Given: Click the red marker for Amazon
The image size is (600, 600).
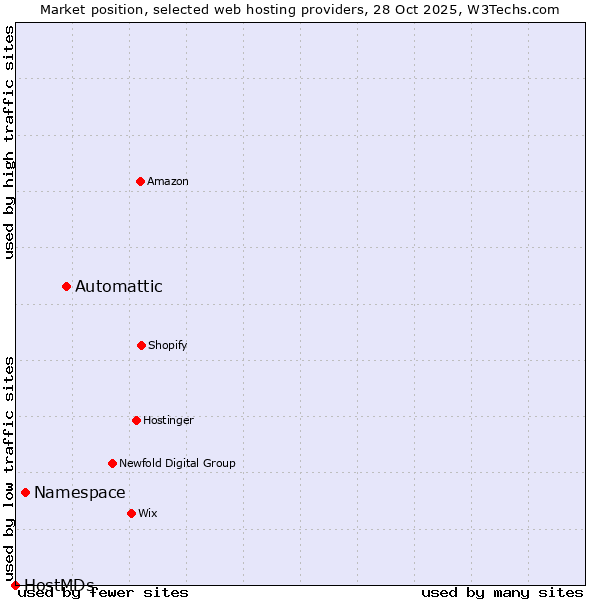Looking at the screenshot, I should click(140, 181).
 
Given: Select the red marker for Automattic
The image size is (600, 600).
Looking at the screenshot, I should click(67, 287).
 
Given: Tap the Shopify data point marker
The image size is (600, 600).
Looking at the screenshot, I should click(141, 345).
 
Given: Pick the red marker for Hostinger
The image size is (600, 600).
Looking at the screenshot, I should click(136, 420).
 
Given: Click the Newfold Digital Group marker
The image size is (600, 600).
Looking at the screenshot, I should click(112, 463).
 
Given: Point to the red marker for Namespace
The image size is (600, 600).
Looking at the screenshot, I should click(25, 492).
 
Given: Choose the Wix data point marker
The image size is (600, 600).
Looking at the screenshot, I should click(131, 513).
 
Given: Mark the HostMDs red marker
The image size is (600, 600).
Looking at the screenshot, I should click(15, 585).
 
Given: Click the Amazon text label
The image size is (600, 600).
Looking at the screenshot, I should click(168, 181).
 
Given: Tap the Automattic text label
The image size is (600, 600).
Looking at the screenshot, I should click(119, 287).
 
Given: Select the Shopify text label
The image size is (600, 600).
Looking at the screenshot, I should click(168, 345).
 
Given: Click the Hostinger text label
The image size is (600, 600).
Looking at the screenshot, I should click(168, 420).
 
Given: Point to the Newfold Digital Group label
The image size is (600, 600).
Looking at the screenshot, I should click(177, 463).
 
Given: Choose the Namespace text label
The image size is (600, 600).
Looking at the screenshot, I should click(80, 492).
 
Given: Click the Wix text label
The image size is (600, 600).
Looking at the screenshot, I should click(148, 513).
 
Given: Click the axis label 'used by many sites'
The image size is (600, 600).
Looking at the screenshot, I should click(502, 593).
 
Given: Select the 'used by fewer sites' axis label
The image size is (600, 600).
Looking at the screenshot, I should click(103, 593).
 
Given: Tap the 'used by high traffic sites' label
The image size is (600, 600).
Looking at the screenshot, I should click(9, 142).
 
